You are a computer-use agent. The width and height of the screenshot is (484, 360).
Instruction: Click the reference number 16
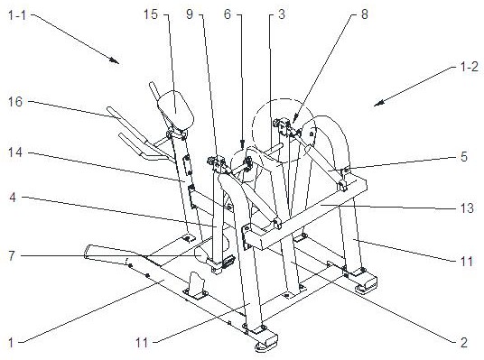click(15, 101)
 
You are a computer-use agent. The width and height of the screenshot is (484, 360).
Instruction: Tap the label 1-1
click(17, 14)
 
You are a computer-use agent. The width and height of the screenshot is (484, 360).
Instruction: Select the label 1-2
click(470, 67)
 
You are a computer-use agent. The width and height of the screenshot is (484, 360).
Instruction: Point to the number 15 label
click(151, 14)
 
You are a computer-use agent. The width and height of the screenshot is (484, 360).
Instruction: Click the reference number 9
click(190, 14)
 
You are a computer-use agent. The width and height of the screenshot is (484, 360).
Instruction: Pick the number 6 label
click(228, 14)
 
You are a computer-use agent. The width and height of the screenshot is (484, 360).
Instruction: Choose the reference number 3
click(281, 14)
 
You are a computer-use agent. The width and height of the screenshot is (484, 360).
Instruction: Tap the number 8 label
click(365, 14)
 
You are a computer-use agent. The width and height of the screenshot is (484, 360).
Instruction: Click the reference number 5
click(464, 157)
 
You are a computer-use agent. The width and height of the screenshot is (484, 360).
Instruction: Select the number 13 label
click(467, 208)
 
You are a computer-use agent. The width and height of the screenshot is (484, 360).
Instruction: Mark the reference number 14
click(15, 152)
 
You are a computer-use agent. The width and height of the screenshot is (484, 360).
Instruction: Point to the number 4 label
click(13, 198)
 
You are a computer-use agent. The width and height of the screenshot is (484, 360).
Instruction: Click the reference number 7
click(12, 255)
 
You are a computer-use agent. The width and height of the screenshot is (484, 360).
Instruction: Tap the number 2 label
click(464, 343)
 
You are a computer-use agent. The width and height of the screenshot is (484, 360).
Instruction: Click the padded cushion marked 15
click(176, 108)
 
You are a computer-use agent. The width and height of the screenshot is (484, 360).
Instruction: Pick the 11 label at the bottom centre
click(142, 343)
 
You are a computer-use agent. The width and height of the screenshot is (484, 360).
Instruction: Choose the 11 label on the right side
click(467, 262)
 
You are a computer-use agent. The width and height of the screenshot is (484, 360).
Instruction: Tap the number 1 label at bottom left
click(11, 343)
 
